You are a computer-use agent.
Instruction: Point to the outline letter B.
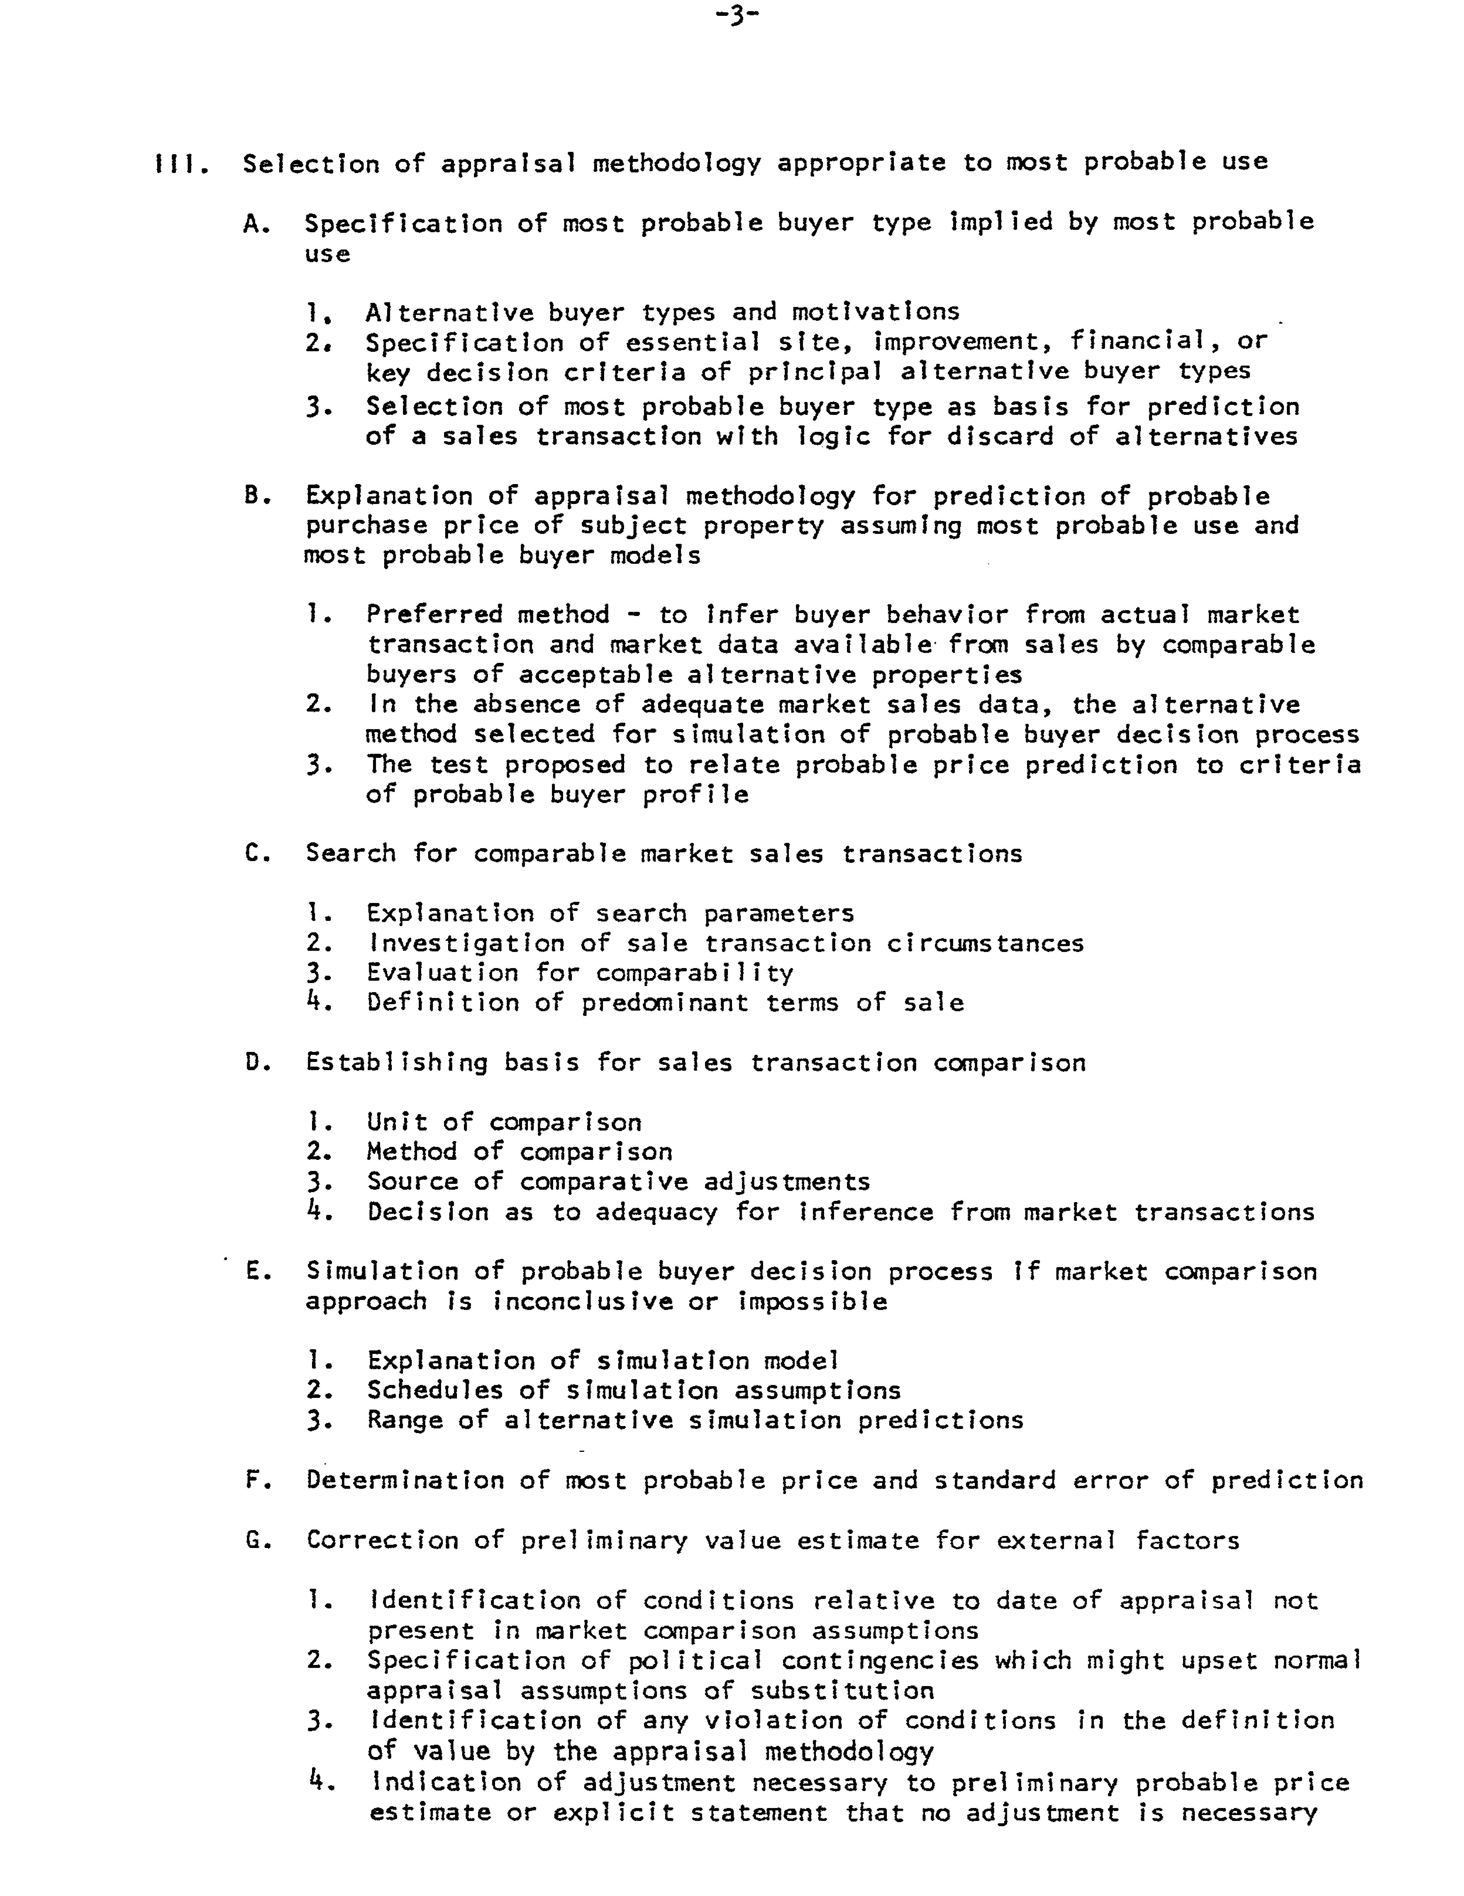click(253, 497)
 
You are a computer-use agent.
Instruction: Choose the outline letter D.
click(253, 1062)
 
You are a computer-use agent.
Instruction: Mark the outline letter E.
click(253, 1272)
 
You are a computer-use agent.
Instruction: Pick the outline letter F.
click(253, 1480)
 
